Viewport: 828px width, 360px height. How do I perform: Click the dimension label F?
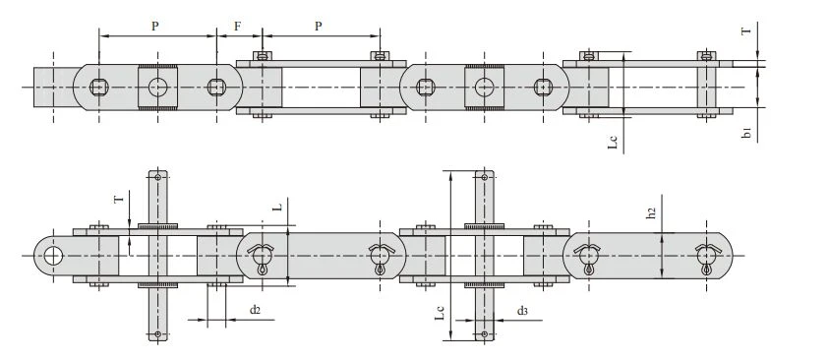tap(238, 26)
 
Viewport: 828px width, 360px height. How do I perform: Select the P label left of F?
tap(155, 26)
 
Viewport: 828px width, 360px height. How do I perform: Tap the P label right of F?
tap(319, 26)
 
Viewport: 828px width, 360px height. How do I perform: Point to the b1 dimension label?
tap(746, 133)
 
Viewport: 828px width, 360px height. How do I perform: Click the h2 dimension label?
tap(652, 212)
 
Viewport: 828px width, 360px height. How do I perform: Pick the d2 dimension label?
tap(255, 310)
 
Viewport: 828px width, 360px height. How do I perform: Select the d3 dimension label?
tap(522, 311)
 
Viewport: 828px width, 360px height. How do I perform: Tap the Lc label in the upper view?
tap(613, 141)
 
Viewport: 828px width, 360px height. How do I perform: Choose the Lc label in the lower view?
tap(440, 312)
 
